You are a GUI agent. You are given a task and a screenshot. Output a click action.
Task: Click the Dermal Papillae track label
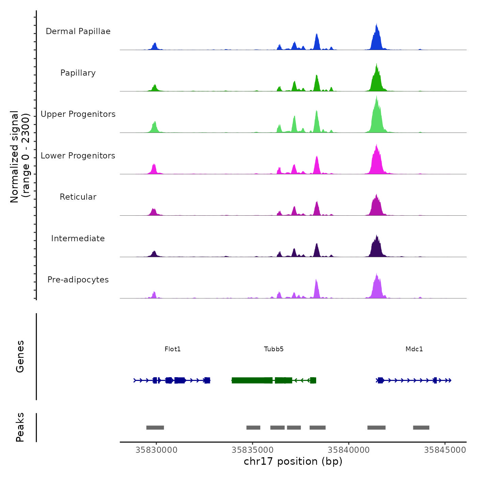78,31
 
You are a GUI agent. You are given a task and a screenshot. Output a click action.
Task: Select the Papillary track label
78,73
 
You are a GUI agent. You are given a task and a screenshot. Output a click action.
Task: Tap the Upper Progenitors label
78,114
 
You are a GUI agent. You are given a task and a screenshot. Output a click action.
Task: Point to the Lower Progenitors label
78,156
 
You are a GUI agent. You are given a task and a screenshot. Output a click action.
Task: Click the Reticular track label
78,197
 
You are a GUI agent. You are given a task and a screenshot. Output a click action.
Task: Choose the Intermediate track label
78,238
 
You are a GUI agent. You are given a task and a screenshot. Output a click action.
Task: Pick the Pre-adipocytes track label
78,280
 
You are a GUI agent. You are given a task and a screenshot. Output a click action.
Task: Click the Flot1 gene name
172,349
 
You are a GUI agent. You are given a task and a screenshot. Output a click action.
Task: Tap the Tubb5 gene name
274,349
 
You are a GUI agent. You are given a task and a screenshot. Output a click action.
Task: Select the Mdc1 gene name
414,349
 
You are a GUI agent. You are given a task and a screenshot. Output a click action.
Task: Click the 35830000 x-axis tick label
156,450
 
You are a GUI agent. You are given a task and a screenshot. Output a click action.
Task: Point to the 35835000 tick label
252,450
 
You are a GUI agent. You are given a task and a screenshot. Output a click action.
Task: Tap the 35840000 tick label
349,450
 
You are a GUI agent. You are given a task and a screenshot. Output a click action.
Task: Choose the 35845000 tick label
445,450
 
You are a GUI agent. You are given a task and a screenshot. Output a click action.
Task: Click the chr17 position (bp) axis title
293,462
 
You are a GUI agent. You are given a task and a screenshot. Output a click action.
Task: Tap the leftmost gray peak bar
155,428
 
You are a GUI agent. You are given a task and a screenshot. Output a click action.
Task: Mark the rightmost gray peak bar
421,428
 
